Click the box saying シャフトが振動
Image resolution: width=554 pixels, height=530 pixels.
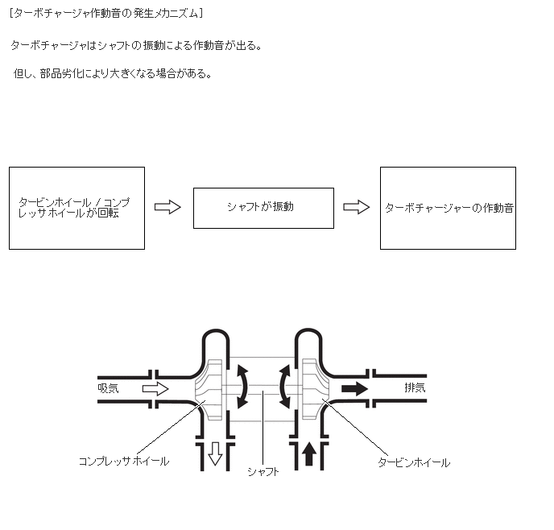263,208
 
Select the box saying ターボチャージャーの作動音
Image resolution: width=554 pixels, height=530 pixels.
448,208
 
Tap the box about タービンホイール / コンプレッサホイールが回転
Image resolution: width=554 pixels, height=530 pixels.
76,208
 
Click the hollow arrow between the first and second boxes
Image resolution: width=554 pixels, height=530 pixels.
167,207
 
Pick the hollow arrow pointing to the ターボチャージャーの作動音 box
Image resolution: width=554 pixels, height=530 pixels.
356,207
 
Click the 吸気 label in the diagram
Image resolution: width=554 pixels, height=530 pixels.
108,388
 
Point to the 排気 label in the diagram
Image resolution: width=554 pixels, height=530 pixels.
415,388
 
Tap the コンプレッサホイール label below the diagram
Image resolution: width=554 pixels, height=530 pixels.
123,462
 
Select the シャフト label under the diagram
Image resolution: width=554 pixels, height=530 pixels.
263,472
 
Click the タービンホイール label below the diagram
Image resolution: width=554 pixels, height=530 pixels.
414,462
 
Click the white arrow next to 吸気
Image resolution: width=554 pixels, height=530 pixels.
155,389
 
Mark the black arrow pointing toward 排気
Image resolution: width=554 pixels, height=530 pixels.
354,389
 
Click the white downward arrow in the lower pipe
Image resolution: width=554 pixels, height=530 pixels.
215,455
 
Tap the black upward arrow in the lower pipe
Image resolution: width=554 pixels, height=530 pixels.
309,455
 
